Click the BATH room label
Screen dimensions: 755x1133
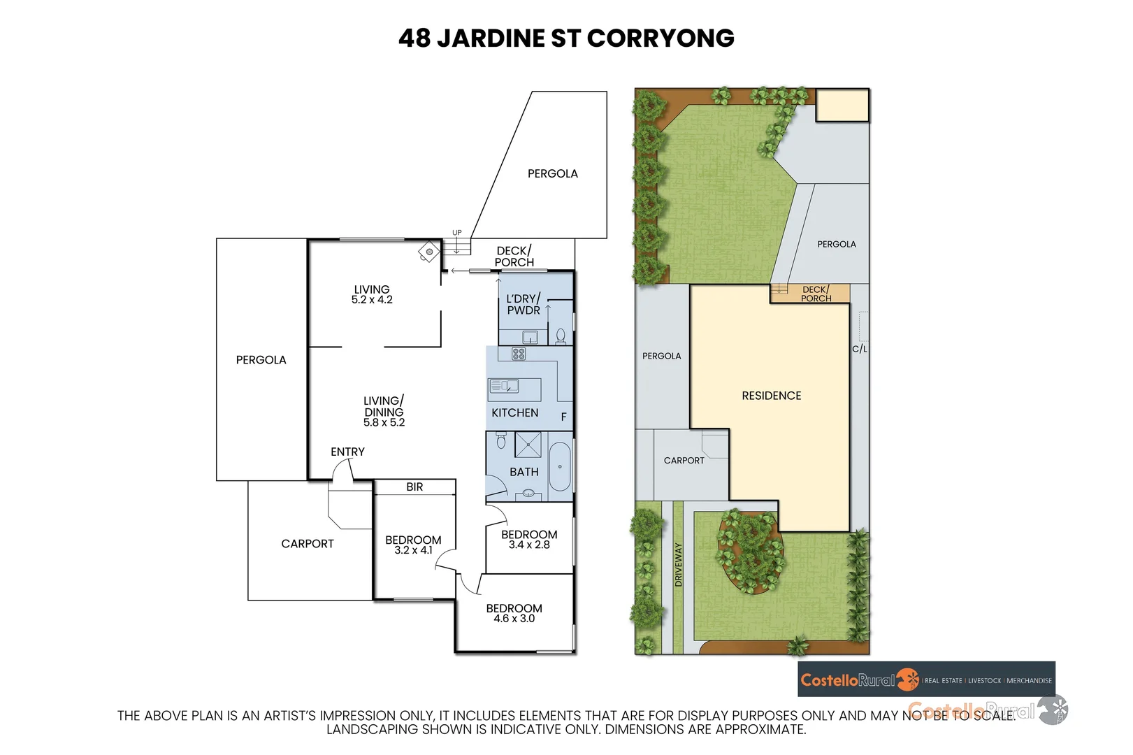(x=524, y=472)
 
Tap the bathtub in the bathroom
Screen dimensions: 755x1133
(x=560, y=467)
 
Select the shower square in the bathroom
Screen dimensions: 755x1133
(x=528, y=445)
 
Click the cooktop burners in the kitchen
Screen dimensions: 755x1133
(x=519, y=354)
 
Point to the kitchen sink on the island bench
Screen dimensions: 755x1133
(x=504, y=386)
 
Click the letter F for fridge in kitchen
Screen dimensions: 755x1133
(x=563, y=417)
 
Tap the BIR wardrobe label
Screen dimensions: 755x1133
(x=414, y=487)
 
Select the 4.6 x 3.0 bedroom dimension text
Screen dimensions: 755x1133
(x=514, y=619)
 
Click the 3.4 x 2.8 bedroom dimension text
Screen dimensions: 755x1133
(x=529, y=545)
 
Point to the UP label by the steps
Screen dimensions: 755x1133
(x=456, y=233)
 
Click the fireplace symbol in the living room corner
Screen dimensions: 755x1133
(x=428, y=252)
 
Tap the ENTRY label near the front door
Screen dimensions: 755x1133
(x=347, y=452)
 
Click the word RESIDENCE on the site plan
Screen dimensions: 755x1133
(x=771, y=396)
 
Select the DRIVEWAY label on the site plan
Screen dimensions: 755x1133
(x=678, y=565)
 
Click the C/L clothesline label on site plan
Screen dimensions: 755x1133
(x=859, y=349)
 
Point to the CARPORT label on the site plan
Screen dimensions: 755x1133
(x=684, y=461)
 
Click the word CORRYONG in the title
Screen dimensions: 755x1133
(x=661, y=38)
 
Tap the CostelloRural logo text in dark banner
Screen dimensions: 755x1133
(x=847, y=680)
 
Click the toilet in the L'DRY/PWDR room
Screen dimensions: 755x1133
(x=561, y=336)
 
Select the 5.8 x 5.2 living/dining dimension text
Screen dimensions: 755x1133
(x=384, y=423)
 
